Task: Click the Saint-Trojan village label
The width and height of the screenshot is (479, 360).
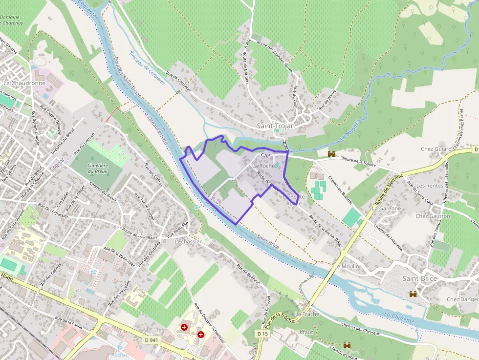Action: [276, 126]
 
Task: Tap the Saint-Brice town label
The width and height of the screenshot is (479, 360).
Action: [419, 278]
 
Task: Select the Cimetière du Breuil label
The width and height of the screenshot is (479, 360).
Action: [97, 168]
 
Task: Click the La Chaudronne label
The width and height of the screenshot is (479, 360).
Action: [24, 83]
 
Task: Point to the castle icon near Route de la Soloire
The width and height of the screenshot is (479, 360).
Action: [332, 153]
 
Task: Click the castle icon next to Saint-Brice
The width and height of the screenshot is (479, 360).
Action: [413, 294]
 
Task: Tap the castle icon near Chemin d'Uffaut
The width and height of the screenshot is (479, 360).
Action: [347, 345]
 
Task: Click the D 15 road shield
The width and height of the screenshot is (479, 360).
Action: [262, 333]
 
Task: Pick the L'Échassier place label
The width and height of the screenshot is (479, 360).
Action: [188, 241]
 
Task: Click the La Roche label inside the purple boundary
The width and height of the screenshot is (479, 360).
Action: [263, 166]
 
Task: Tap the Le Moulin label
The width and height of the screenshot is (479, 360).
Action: [347, 267]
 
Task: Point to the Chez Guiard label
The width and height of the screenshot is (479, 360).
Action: [436, 149]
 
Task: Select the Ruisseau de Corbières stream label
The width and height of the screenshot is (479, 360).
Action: [147, 68]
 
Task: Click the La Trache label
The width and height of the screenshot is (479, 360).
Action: [307, 314]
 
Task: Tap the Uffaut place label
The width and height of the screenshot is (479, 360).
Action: [305, 332]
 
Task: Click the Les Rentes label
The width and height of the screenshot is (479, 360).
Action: [430, 186]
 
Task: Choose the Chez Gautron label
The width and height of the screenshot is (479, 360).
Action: [433, 216]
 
